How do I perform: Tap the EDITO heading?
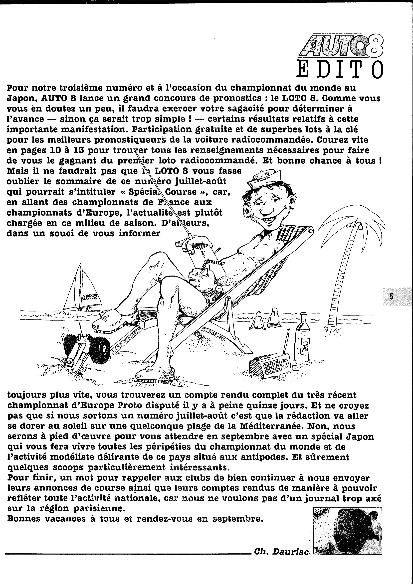click(x=340, y=69)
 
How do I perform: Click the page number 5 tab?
click(x=391, y=297)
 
